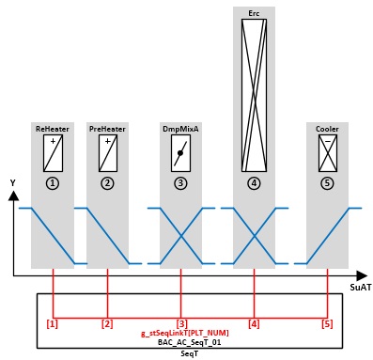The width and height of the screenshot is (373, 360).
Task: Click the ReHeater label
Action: click(53, 129)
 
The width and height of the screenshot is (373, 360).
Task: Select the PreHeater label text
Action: click(107, 129)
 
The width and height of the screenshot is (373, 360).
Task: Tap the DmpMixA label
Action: click(180, 129)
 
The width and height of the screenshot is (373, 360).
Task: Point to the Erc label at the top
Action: click(254, 13)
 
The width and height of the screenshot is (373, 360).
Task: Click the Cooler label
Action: click(327, 129)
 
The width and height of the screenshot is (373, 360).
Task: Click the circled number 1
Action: click(53, 183)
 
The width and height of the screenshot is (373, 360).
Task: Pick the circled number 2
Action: click(107, 183)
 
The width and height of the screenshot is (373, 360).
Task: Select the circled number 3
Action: click(180, 183)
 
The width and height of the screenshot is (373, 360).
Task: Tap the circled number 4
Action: click(254, 183)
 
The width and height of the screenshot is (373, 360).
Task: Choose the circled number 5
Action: click(327, 183)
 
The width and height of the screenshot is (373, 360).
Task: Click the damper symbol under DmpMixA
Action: click(180, 153)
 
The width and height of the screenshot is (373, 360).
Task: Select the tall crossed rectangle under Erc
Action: click(254, 95)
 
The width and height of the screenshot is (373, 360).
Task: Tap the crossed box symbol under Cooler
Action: click(328, 153)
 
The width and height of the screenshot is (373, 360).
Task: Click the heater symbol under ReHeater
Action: click(53, 153)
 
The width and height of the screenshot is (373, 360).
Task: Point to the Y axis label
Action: click(13, 183)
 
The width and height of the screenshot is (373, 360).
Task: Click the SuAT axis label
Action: click(361, 288)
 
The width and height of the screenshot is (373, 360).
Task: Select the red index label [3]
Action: click(181, 323)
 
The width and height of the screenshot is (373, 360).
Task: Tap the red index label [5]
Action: click(327, 323)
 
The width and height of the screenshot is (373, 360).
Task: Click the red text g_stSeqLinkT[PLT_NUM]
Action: click(185, 333)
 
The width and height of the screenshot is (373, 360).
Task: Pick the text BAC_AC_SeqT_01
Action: click(189, 342)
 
